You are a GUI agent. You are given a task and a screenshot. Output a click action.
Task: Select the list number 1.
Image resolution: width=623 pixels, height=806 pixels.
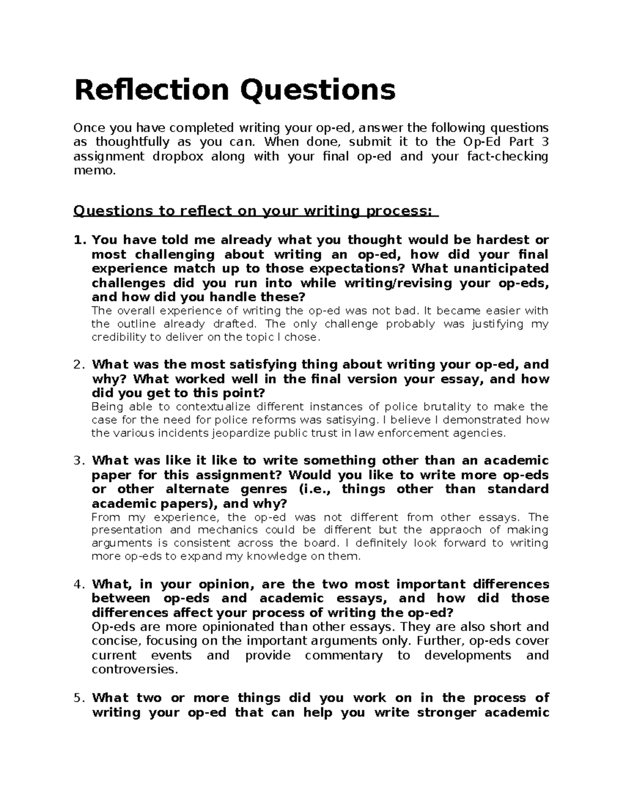tap(78, 240)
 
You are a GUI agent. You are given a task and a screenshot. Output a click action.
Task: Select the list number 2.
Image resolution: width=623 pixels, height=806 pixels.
tap(78, 365)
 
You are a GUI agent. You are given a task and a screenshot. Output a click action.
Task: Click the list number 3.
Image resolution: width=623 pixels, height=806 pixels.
tap(78, 461)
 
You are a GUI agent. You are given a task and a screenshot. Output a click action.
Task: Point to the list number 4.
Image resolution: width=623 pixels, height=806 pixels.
tap(78, 585)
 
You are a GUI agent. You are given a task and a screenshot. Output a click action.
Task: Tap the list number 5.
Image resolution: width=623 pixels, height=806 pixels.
tap(78, 698)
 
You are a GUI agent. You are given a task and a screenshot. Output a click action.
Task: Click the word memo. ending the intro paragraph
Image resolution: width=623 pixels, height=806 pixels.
tap(93, 171)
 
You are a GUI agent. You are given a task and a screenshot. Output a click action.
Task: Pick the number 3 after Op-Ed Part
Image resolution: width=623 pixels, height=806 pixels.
tap(545, 142)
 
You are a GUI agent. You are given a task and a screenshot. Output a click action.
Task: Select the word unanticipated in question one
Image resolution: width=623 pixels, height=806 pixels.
tap(501, 269)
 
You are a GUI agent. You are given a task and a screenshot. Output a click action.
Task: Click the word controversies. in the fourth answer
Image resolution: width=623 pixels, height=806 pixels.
tap(134, 670)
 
